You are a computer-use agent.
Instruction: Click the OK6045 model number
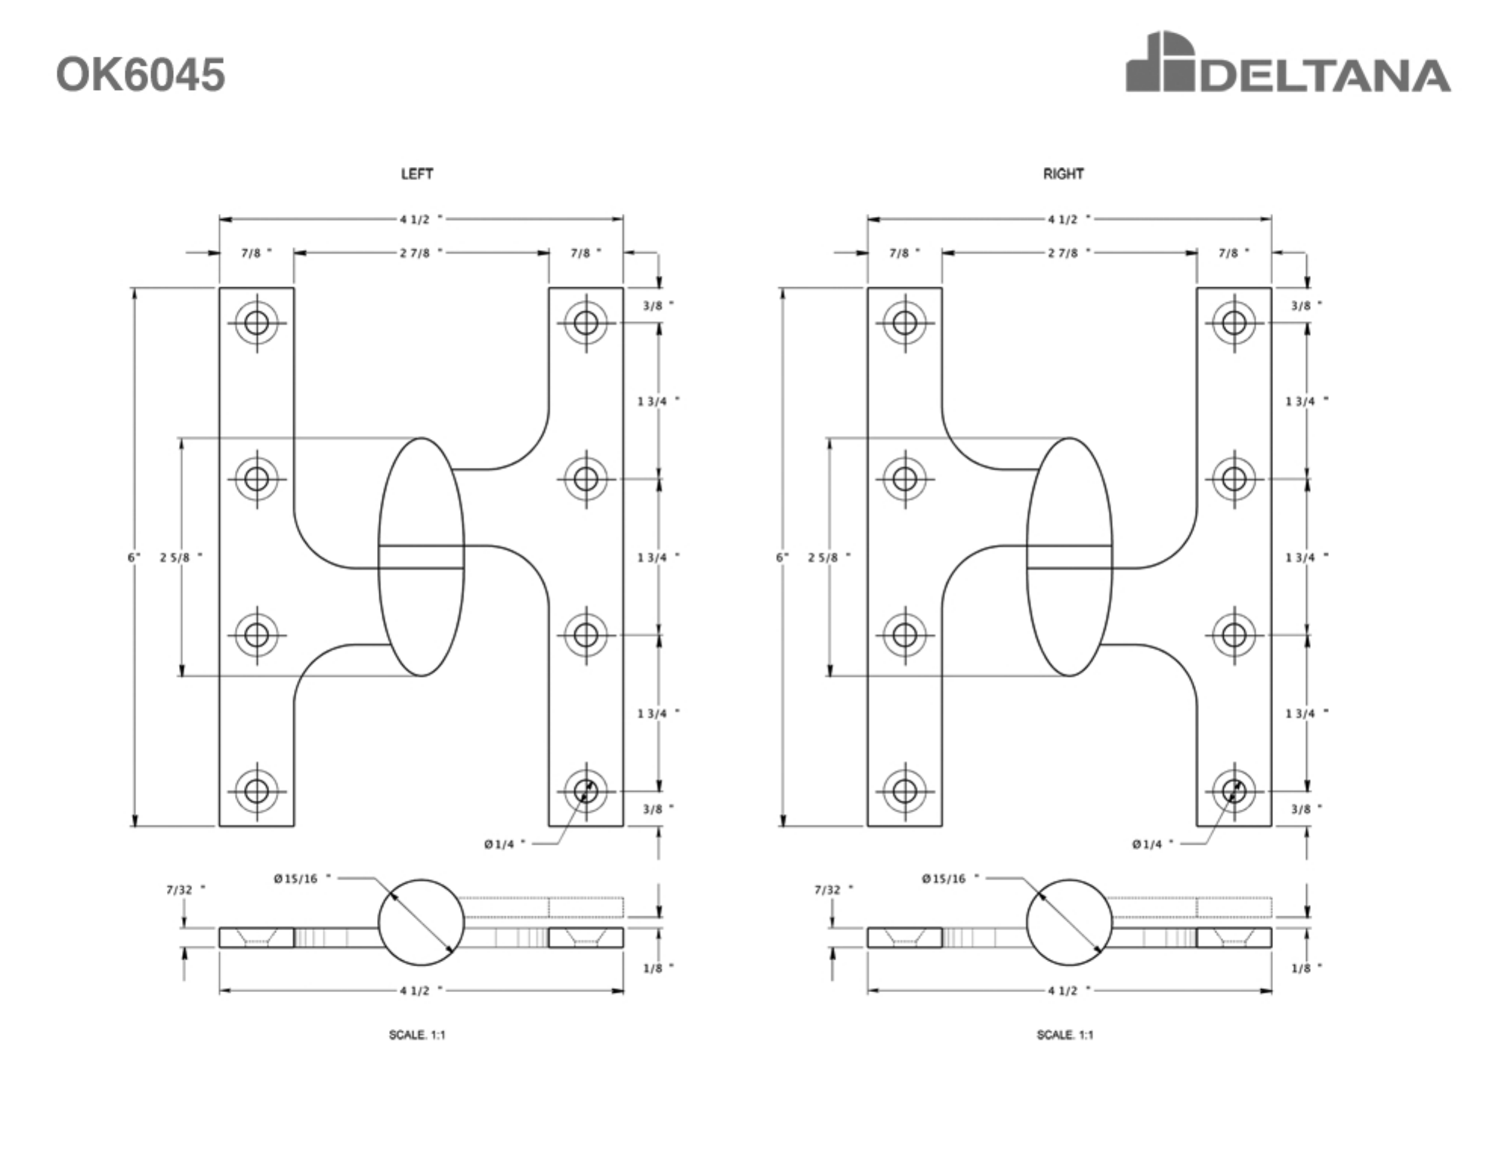tap(141, 75)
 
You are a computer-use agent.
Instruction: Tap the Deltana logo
tap(1288, 62)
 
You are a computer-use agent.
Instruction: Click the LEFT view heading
tap(417, 174)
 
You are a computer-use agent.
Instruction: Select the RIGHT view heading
tap(1064, 174)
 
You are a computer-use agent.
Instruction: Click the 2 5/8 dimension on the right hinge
tap(829, 558)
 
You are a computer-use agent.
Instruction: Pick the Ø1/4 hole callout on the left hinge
tap(505, 844)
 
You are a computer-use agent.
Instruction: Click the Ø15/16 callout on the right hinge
tap(950, 879)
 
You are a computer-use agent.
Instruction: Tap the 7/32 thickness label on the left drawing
tap(185, 890)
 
